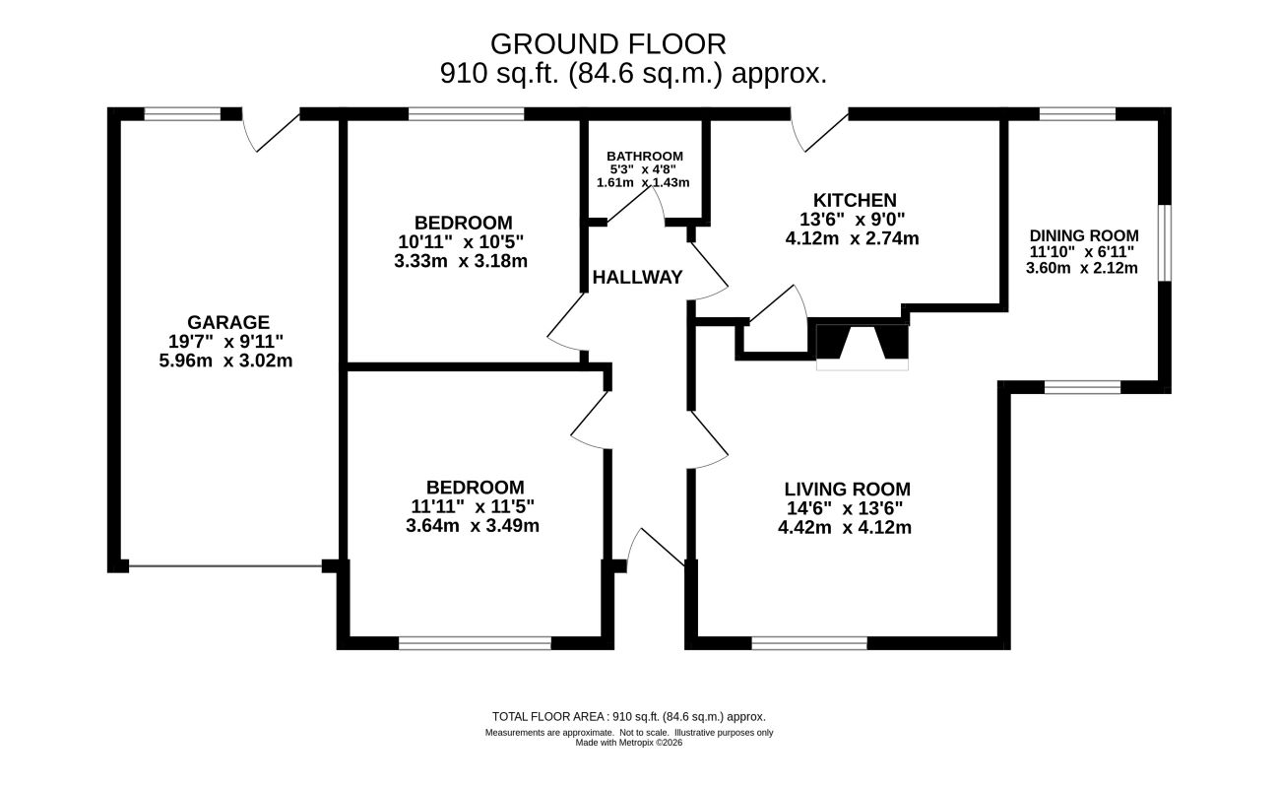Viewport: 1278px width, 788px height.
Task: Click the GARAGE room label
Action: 228,322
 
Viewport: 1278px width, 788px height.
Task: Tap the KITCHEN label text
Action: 855,200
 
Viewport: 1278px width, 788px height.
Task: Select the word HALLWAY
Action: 637,278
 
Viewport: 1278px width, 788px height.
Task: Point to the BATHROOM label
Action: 645,157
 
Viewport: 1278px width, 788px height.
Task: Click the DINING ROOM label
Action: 1084,235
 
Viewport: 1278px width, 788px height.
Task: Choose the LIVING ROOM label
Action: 848,490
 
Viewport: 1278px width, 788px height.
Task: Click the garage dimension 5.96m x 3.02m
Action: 225,361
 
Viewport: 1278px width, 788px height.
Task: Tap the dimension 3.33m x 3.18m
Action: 461,261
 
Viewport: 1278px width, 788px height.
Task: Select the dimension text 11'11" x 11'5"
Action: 473,506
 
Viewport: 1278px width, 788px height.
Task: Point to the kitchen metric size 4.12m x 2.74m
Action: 853,238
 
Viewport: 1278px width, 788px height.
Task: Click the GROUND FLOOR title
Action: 608,44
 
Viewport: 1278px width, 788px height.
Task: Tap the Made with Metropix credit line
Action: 629,743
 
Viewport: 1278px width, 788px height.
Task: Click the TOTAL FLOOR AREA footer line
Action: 629,717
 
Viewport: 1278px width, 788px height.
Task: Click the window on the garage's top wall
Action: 182,113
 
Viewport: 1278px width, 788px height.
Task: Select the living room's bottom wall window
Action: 809,643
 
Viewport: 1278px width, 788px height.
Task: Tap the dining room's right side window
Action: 1165,243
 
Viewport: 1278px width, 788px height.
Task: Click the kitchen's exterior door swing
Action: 819,130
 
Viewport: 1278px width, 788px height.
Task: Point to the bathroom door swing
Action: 636,204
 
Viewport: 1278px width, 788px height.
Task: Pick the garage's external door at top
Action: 271,130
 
